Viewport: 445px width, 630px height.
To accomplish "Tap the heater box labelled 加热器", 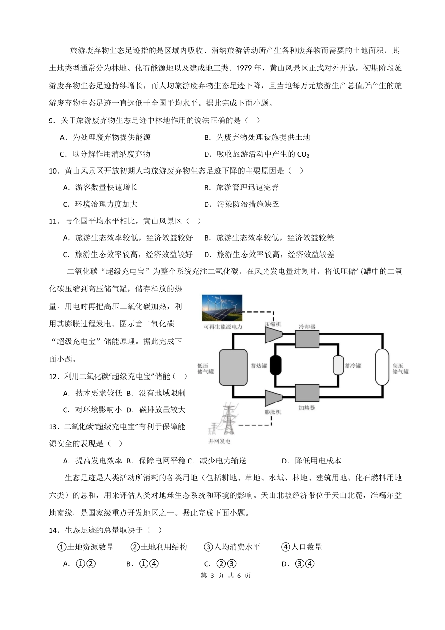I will point(307,393).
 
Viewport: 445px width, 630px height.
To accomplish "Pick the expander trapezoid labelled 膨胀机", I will point(273,398).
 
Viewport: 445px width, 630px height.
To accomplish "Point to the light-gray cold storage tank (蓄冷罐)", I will point(338,365).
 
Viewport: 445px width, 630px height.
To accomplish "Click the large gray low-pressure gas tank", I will point(233,366).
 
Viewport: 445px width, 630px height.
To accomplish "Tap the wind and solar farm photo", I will point(222,308).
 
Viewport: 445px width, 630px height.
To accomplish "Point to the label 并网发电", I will point(219,441).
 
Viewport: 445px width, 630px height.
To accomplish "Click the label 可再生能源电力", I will point(223,326).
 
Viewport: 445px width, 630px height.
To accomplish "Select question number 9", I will point(52,121).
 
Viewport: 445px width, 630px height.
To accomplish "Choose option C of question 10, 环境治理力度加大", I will point(100,204).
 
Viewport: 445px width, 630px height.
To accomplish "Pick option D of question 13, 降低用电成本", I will point(312,461).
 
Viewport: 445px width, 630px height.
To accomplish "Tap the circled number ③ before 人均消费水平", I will point(208,547).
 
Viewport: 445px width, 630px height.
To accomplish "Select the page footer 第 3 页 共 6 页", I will point(226,576).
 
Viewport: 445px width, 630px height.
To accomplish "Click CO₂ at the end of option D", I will point(304,154).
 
